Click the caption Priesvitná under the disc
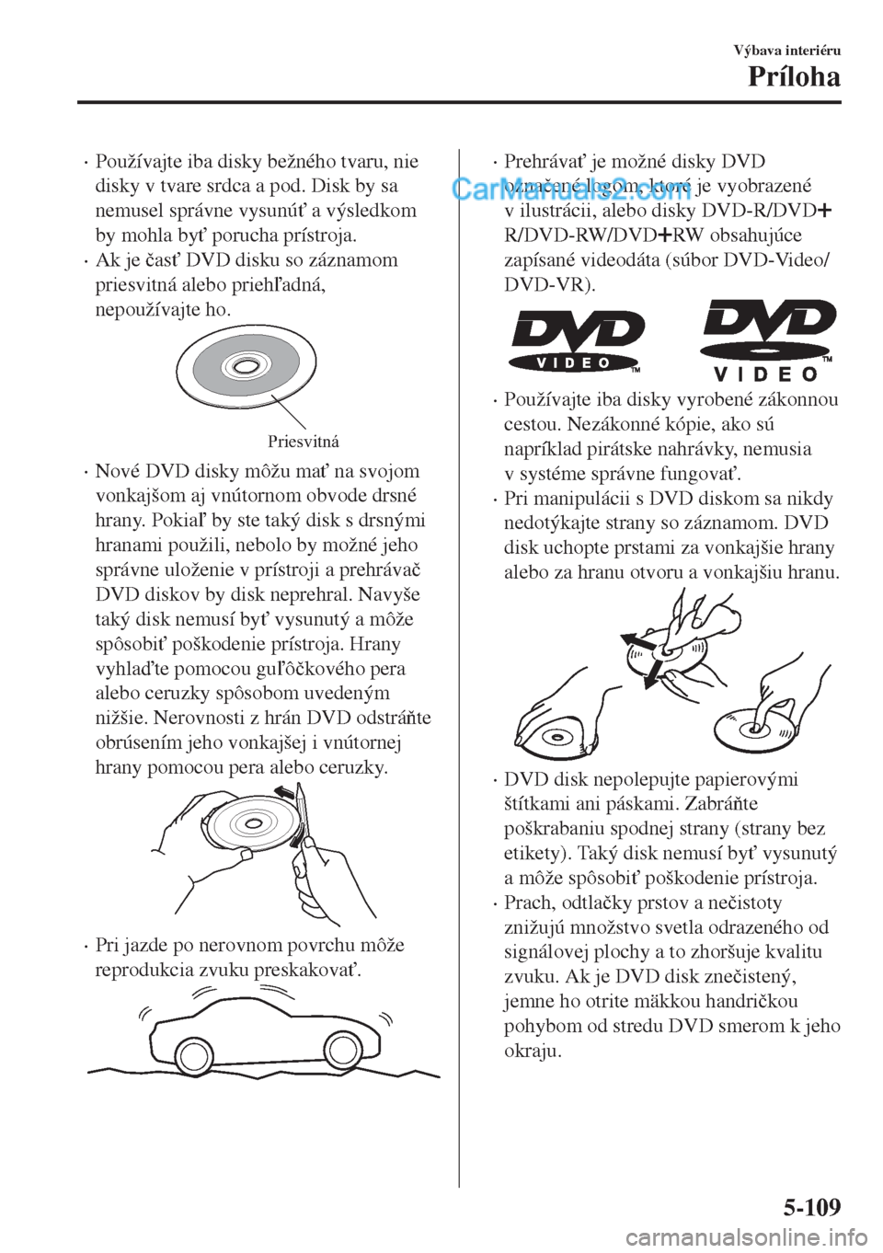click(304, 442)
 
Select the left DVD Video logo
click(578, 341)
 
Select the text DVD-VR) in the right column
click(549, 285)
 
